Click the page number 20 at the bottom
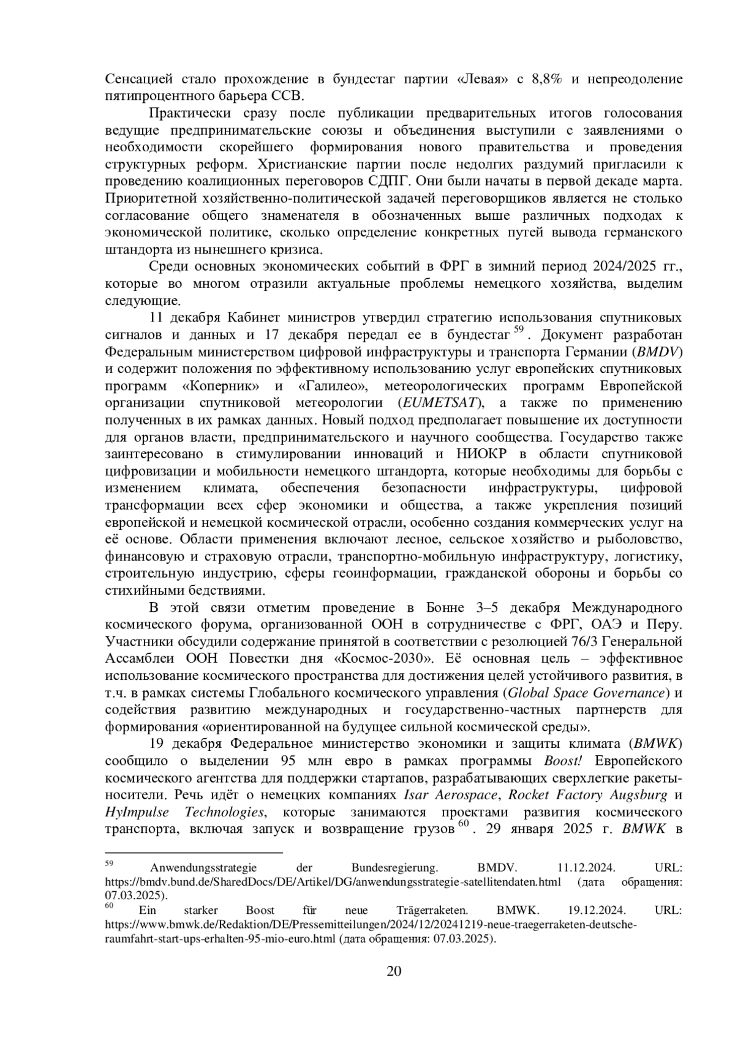pyautogui.click(x=394, y=971)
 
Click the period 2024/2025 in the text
pyautogui.click(x=622, y=267)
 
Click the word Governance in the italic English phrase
pyautogui.click(x=635, y=693)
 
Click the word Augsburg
pyautogui.click(x=635, y=795)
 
